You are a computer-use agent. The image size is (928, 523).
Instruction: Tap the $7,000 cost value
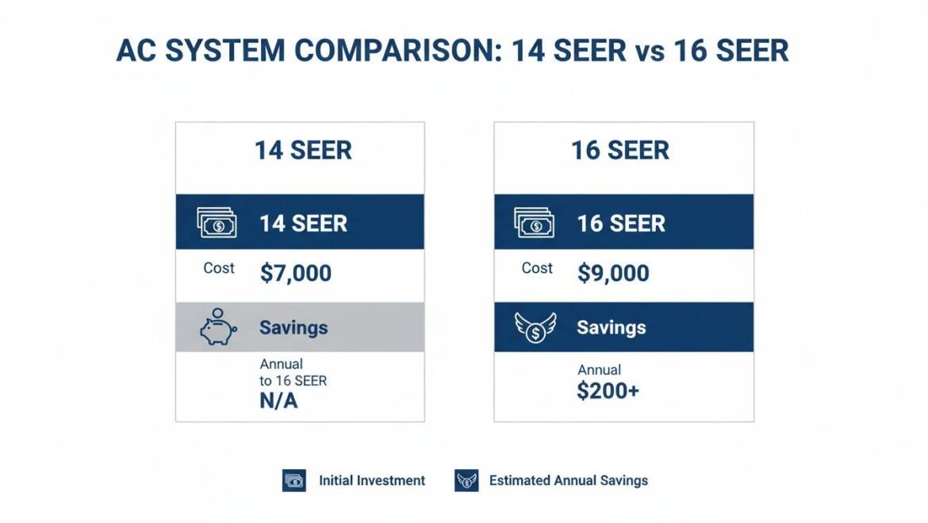296,273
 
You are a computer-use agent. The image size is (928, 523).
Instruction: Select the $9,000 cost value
613,273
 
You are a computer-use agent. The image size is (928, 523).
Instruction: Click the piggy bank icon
217,327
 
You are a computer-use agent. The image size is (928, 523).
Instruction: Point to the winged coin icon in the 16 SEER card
535,327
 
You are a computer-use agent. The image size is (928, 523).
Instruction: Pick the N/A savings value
278,401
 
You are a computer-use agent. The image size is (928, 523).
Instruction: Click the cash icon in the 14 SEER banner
217,223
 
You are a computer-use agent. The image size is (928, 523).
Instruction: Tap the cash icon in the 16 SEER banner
535,223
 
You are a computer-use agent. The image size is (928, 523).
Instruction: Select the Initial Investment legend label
372,480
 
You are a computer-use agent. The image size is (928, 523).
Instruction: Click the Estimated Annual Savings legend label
568,480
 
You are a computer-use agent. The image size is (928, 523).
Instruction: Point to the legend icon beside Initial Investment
294,480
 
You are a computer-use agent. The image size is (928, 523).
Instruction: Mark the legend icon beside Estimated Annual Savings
466,480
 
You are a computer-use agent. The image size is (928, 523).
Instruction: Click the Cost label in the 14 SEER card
219,268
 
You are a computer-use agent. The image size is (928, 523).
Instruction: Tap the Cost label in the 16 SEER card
537,268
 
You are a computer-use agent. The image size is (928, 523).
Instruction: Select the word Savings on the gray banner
293,328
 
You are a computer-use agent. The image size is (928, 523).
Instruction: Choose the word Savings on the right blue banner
611,328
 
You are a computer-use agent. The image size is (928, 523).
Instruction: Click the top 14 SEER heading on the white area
303,150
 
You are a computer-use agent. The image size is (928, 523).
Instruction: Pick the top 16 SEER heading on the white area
620,150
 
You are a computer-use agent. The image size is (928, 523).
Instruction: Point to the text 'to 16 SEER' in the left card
293,380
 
